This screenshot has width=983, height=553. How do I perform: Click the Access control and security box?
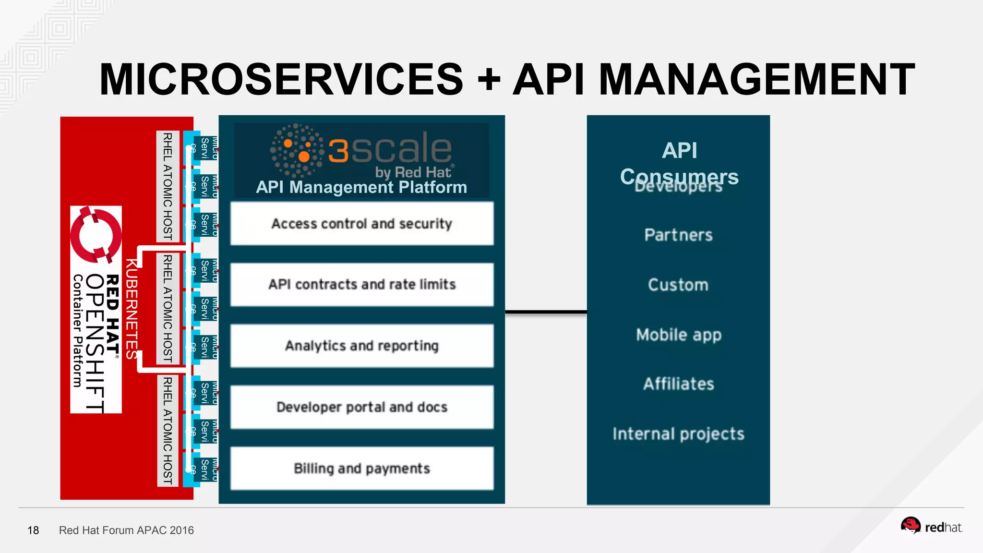(x=361, y=224)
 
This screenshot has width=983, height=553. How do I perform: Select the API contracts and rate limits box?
(x=361, y=284)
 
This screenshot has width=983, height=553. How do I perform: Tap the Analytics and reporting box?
(x=361, y=346)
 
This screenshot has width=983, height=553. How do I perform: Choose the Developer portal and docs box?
(x=361, y=407)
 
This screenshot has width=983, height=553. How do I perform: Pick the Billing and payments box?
(x=361, y=469)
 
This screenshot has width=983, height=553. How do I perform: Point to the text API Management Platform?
(x=361, y=187)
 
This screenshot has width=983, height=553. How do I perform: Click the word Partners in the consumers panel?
(x=678, y=235)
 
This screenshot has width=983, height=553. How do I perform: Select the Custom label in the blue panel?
(x=678, y=285)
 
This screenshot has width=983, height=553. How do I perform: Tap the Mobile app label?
(x=678, y=335)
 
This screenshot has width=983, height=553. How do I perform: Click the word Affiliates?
(x=678, y=384)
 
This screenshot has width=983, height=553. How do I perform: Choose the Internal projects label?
(x=678, y=434)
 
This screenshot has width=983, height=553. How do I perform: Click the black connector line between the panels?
(x=546, y=312)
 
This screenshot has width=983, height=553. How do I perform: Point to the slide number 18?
(x=33, y=530)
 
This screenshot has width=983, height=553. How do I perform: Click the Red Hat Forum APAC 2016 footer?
(x=126, y=530)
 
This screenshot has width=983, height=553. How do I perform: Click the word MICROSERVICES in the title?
(x=281, y=80)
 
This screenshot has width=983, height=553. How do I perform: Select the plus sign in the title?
(x=489, y=80)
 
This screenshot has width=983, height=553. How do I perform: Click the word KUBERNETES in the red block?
(x=132, y=309)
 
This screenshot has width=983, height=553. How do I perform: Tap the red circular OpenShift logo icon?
(x=96, y=235)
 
